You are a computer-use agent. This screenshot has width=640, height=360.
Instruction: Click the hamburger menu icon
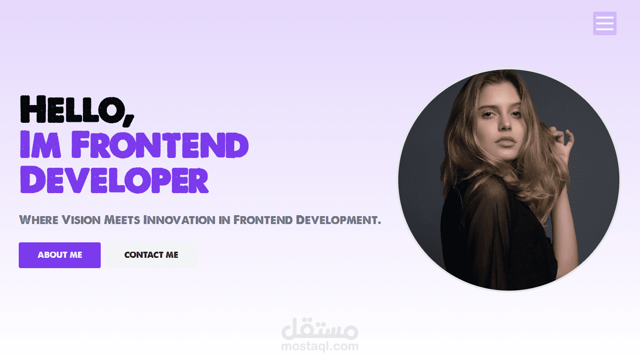604,23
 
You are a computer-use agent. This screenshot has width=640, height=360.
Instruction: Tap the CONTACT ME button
151,255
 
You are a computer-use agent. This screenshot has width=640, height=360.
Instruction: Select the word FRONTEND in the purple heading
160,145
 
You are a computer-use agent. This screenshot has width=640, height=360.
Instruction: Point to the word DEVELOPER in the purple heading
114,180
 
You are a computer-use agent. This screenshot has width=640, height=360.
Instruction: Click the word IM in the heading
40,145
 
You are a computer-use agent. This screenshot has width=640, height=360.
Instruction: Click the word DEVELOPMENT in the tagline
339,219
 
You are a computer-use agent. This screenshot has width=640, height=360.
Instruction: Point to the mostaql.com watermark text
320,347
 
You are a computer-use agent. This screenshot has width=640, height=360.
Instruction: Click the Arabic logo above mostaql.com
320,329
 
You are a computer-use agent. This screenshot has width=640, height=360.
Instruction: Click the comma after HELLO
128,117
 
